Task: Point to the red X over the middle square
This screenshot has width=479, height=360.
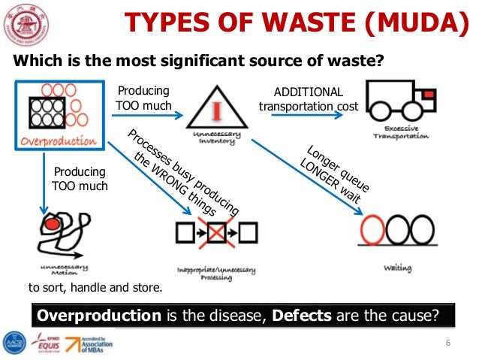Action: (x=217, y=233)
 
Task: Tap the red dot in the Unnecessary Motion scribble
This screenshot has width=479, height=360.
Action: (x=51, y=224)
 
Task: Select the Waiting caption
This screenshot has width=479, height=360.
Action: (x=396, y=268)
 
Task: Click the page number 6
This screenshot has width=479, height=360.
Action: (x=447, y=343)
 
